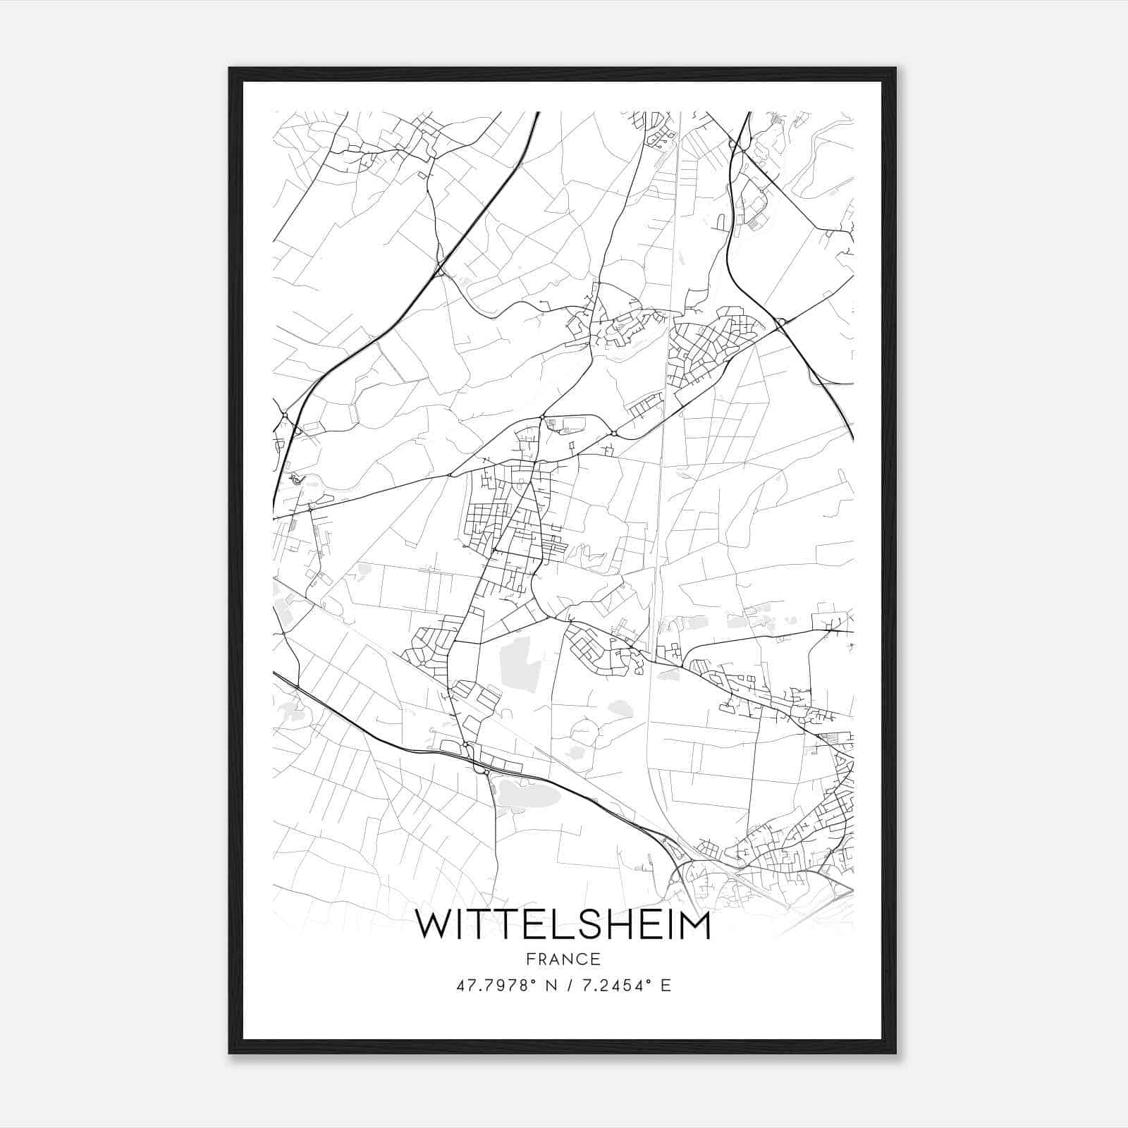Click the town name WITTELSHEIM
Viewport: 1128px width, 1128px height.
[x=563, y=925]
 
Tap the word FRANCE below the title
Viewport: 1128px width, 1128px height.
[x=563, y=960]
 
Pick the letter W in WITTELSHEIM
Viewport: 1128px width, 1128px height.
[x=434, y=925]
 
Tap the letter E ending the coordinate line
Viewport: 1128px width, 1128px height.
[x=666, y=986]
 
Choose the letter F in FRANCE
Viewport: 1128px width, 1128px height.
[x=530, y=960]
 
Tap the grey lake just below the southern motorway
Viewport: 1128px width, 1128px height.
[x=529, y=797]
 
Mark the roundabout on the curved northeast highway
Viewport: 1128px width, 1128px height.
[x=780, y=323]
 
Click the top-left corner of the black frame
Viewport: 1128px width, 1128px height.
[x=230, y=68]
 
